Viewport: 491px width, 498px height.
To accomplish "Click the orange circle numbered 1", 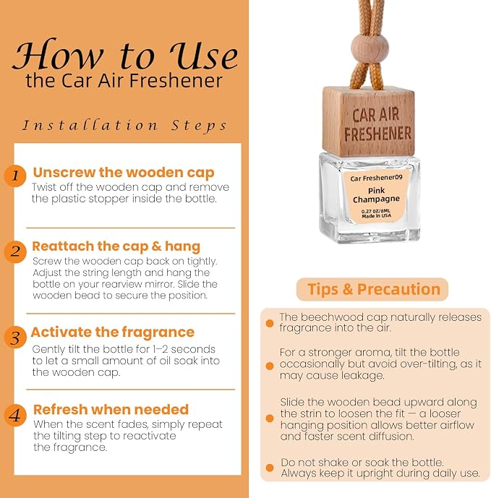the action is tap(15, 176).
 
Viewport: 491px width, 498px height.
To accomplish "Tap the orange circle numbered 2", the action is tap(15, 252).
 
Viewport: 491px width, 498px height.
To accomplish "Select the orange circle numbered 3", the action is tap(15, 338).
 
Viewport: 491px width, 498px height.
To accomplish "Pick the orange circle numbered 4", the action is tap(15, 415).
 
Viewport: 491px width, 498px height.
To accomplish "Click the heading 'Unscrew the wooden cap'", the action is tap(124, 173).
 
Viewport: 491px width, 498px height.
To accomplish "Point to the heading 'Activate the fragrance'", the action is tap(113, 332).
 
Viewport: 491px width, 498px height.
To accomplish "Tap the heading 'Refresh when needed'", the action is tap(111, 409).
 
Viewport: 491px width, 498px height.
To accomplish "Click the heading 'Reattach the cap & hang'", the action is tap(116, 246).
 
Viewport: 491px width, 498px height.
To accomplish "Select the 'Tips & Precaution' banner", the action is tap(372, 289).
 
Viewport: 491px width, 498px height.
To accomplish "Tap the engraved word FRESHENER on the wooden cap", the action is tap(377, 134).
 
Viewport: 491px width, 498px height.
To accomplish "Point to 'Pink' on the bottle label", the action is tap(376, 191).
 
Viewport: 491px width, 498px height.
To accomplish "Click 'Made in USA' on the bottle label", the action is tap(377, 215).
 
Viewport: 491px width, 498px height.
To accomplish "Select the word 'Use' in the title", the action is tap(203, 55).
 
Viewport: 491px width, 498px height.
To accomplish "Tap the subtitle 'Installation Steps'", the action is tap(124, 126).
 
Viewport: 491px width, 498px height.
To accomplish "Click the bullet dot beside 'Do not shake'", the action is tap(270, 468).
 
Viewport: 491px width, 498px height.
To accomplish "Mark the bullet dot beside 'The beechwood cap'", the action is tap(270, 323).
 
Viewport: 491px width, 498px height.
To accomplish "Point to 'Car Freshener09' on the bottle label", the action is tap(376, 178).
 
